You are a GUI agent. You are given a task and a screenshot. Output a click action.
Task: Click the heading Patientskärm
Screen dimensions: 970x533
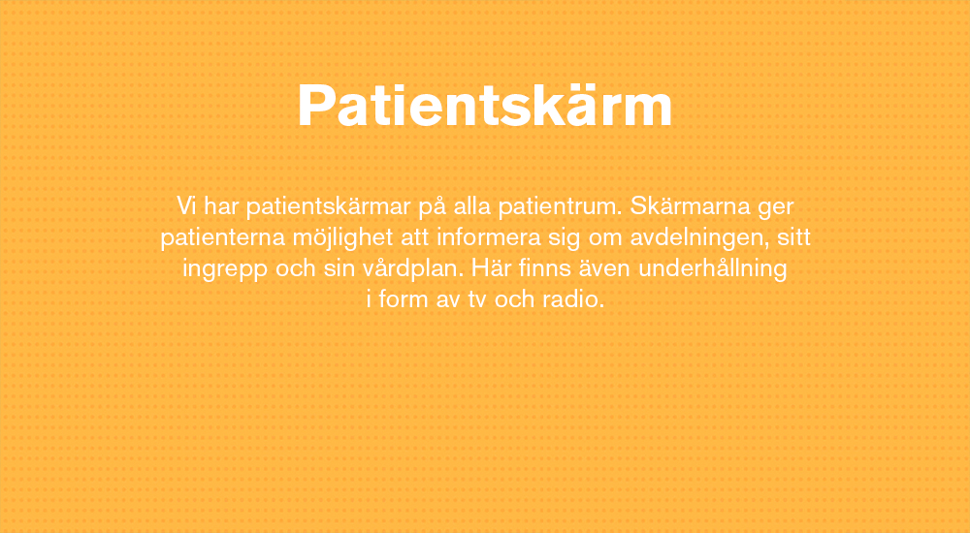(485, 105)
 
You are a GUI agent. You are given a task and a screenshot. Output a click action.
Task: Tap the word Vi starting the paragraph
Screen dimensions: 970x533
(186, 205)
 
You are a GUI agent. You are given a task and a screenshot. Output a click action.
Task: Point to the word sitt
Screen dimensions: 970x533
(793, 236)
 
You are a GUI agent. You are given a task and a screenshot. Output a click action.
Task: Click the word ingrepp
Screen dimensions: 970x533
(225, 269)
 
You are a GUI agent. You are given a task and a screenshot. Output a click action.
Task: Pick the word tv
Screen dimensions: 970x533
(475, 299)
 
